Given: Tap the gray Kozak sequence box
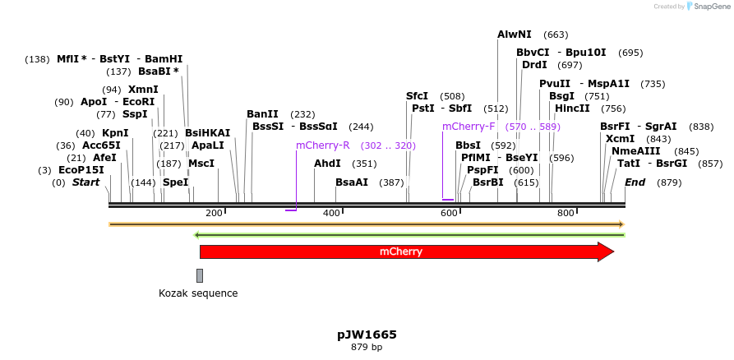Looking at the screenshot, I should [200, 275].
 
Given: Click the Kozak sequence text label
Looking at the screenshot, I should [198, 293].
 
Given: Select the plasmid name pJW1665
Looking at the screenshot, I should [367, 335].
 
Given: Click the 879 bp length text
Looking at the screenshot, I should [367, 348].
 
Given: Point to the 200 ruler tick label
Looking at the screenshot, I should [214, 214].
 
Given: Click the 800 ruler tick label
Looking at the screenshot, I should [566, 214].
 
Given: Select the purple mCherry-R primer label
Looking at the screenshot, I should [323, 145].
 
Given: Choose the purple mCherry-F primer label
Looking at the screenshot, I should [469, 127].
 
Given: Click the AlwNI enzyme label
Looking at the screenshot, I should [515, 35].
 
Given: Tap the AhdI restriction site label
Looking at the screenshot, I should [327, 164].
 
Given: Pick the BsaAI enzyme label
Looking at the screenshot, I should [352, 182].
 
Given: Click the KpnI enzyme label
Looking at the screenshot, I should [115, 133].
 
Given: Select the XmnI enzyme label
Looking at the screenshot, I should [143, 90].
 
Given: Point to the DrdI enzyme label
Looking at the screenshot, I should [534, 65].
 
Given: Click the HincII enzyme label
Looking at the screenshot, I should [572, 108].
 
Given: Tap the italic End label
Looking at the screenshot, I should [635, 182].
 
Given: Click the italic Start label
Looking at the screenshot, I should [85, 182].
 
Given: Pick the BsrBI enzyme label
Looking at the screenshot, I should [488, 182].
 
